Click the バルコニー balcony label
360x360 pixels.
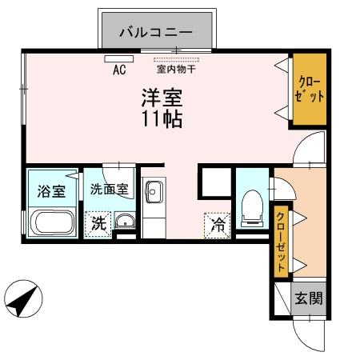[x=156, y=33]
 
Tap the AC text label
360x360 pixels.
[x=119, y=70]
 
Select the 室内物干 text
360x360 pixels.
[x=176, y=70]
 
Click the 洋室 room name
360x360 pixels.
[x=162, y=98]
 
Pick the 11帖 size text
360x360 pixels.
[x=162, y=120]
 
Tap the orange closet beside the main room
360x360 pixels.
[x=309, y=90]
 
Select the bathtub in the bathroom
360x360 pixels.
[x=52, y=222]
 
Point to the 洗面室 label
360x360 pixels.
[x=109, y=190]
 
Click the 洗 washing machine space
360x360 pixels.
[x=98, y=223]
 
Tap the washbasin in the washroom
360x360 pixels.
[x=125, y=222]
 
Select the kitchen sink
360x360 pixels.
[x=152, y=193]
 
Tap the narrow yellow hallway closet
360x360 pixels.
[x=282, y=242]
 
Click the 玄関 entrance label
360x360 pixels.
[x=308, y=300]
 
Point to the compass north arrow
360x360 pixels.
[x=22, y=300]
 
